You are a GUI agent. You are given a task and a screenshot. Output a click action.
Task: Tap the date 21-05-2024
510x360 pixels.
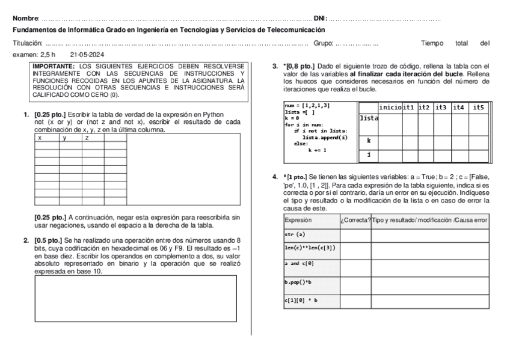pyautogui.click(x=87, y=54)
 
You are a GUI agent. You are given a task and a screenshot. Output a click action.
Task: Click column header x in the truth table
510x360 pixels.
pyautogui.click(x=40, y=138)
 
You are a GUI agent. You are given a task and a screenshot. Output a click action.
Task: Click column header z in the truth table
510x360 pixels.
pyautogui.click(x=87, y=138)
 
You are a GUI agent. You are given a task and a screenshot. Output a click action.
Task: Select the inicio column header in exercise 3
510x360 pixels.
pyautogui.click(x=390, y=107)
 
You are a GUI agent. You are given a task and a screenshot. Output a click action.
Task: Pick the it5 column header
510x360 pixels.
pyautogui.click(x=479, y=107)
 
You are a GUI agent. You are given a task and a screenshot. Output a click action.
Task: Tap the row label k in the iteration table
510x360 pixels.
pyautogui.click(x=367, y=140)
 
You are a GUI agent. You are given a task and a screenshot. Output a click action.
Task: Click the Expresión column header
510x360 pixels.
pyautogui.click(x=298, y=221)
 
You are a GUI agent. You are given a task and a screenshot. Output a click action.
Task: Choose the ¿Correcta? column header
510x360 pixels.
pyautogui.click(x=355, y=221)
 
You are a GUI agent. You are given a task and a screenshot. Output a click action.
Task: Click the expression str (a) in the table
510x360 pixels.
pyautogui.click(x=295, y=234)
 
